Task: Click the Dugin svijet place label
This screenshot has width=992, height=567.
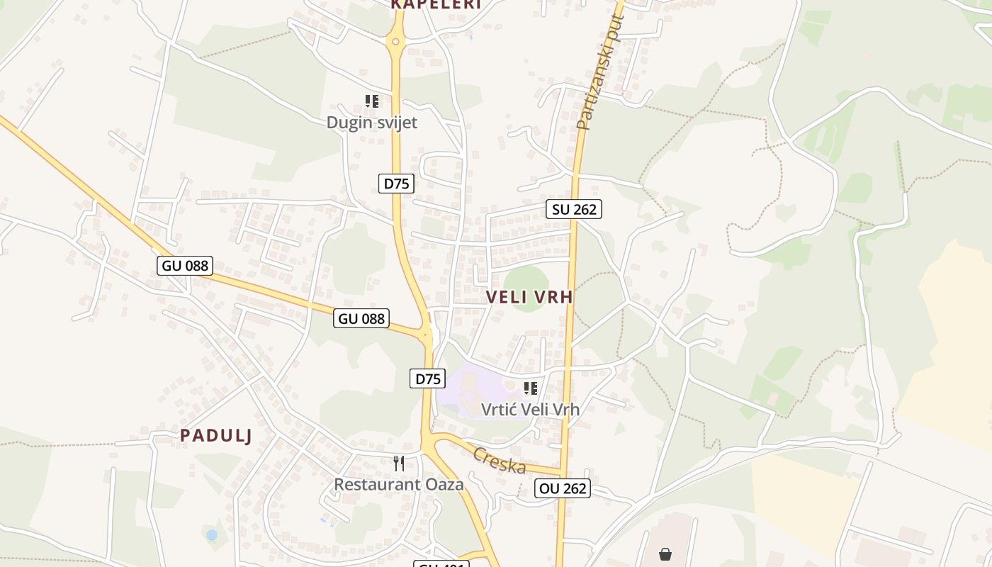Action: (x=371, y=123)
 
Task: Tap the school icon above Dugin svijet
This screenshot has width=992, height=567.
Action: (x=372, y=101)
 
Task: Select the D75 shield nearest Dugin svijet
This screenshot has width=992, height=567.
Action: (x=396, y=184)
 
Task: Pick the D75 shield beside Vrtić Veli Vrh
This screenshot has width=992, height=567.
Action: (x=427, y=378)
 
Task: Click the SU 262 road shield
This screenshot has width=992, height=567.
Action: (x=573, y=209)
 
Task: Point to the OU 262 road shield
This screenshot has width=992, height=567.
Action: (x=562, y=488)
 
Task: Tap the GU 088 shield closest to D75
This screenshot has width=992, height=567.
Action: (x=361, y=318)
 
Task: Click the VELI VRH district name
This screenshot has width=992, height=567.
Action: (x=529, y=298)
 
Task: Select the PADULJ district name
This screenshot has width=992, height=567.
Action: (x=215, y=435)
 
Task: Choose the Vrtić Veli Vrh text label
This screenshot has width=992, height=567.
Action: (x=530, y=409)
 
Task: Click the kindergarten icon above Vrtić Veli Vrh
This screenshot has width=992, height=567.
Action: (x=531, y=388)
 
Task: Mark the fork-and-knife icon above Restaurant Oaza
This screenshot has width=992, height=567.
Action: (x=399, y=464)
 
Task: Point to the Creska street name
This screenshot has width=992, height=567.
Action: (x=500, y=461)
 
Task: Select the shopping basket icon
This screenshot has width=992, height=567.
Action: (x=665, y=554)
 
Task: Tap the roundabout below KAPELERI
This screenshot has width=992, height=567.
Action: (x=395, y=42)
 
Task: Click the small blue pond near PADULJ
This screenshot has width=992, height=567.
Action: (x=211, y=535)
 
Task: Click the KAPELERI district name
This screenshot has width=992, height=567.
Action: (x=435, y=4)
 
